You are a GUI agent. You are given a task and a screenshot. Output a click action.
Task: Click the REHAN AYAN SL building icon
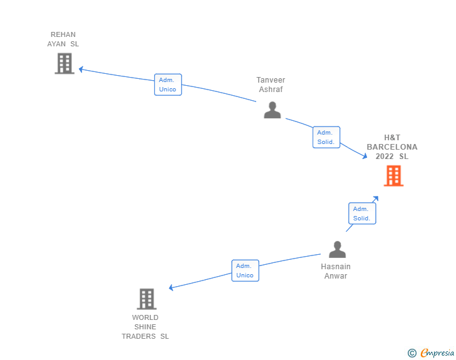pos(65,63)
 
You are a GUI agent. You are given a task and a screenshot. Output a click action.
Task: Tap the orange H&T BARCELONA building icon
pos(393,176)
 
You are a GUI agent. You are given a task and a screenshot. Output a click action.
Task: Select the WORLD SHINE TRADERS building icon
pos(147,299)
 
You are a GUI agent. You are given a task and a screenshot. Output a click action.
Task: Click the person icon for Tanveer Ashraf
pos(272,110)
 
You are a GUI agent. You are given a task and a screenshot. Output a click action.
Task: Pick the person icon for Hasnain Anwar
pos(338,250)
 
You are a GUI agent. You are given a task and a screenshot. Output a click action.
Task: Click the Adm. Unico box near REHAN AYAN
pos(168,85)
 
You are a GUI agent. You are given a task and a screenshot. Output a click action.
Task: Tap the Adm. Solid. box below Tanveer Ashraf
pos(326,137)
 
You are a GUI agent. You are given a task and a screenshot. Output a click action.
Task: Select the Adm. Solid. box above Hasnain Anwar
pos(362,213)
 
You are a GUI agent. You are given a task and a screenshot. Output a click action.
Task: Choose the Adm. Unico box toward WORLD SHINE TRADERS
pos(245,270)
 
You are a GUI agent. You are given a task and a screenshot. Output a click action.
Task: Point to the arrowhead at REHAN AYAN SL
pos(81,69)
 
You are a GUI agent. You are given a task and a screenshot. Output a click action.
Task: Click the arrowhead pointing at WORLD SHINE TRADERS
pos(171,287)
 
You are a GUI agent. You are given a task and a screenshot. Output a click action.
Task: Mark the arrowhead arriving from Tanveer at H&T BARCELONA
pos(365,157)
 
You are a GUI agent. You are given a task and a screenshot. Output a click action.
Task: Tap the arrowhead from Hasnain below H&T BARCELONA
pos(376,198)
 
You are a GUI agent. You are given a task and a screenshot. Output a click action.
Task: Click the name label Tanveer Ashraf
pos(271,85)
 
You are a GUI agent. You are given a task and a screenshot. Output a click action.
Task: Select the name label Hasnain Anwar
pos(336,271)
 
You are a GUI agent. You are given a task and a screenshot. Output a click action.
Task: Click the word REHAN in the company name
pos(63,34)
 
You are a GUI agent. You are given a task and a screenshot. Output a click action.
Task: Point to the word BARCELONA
pos(392,147)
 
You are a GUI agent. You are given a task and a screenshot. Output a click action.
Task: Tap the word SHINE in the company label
pos(145,327)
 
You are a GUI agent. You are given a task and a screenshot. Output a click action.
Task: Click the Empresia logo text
pos(437,352)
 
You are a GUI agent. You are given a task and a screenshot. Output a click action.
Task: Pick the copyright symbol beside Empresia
pos(412,353)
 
